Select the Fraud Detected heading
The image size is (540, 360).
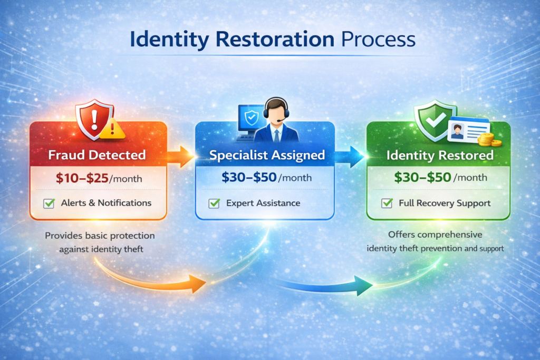[98, 155]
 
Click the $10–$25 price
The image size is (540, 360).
[82, 178]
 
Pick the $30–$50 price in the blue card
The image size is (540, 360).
[249, 178]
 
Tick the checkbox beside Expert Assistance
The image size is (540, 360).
[214, 203]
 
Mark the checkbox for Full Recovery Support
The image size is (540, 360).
[387, 203]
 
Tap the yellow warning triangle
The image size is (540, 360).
[112, 129]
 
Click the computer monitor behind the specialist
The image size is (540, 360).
[248, 119]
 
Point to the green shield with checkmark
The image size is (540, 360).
[435, 120]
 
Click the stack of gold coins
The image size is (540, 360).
[486, 140]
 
